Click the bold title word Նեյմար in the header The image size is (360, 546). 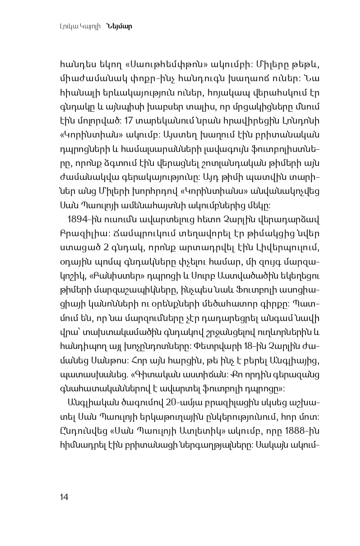click(120, 26)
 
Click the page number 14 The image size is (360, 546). click(64, 497)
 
